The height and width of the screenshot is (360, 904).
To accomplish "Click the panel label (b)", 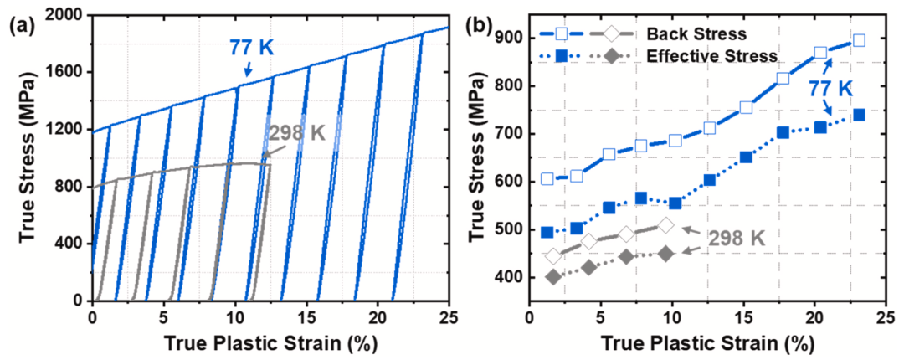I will (488, 24).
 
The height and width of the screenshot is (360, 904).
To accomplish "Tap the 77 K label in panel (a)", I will (252, 48).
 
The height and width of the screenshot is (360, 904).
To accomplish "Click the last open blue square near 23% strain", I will (859, 40).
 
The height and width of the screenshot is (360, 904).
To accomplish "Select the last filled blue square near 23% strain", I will (859, 115).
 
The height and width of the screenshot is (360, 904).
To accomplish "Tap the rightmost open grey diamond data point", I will (665, 225).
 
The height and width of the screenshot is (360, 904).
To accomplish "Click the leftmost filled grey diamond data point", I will (552, 276).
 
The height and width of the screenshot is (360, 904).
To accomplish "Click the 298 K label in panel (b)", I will (736, 239).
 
